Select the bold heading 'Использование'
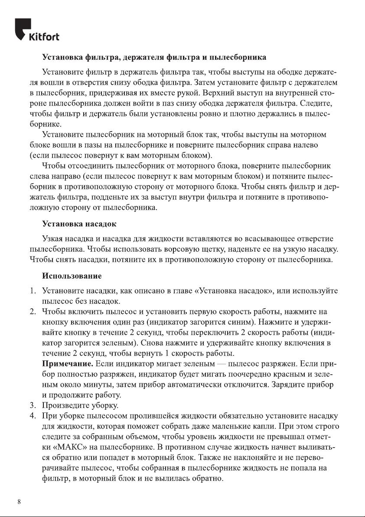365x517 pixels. tap(72, 276)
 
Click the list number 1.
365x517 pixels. tap(32, 290)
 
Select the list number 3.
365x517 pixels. tap(32, 406)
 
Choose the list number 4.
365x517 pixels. tap(32, 416)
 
